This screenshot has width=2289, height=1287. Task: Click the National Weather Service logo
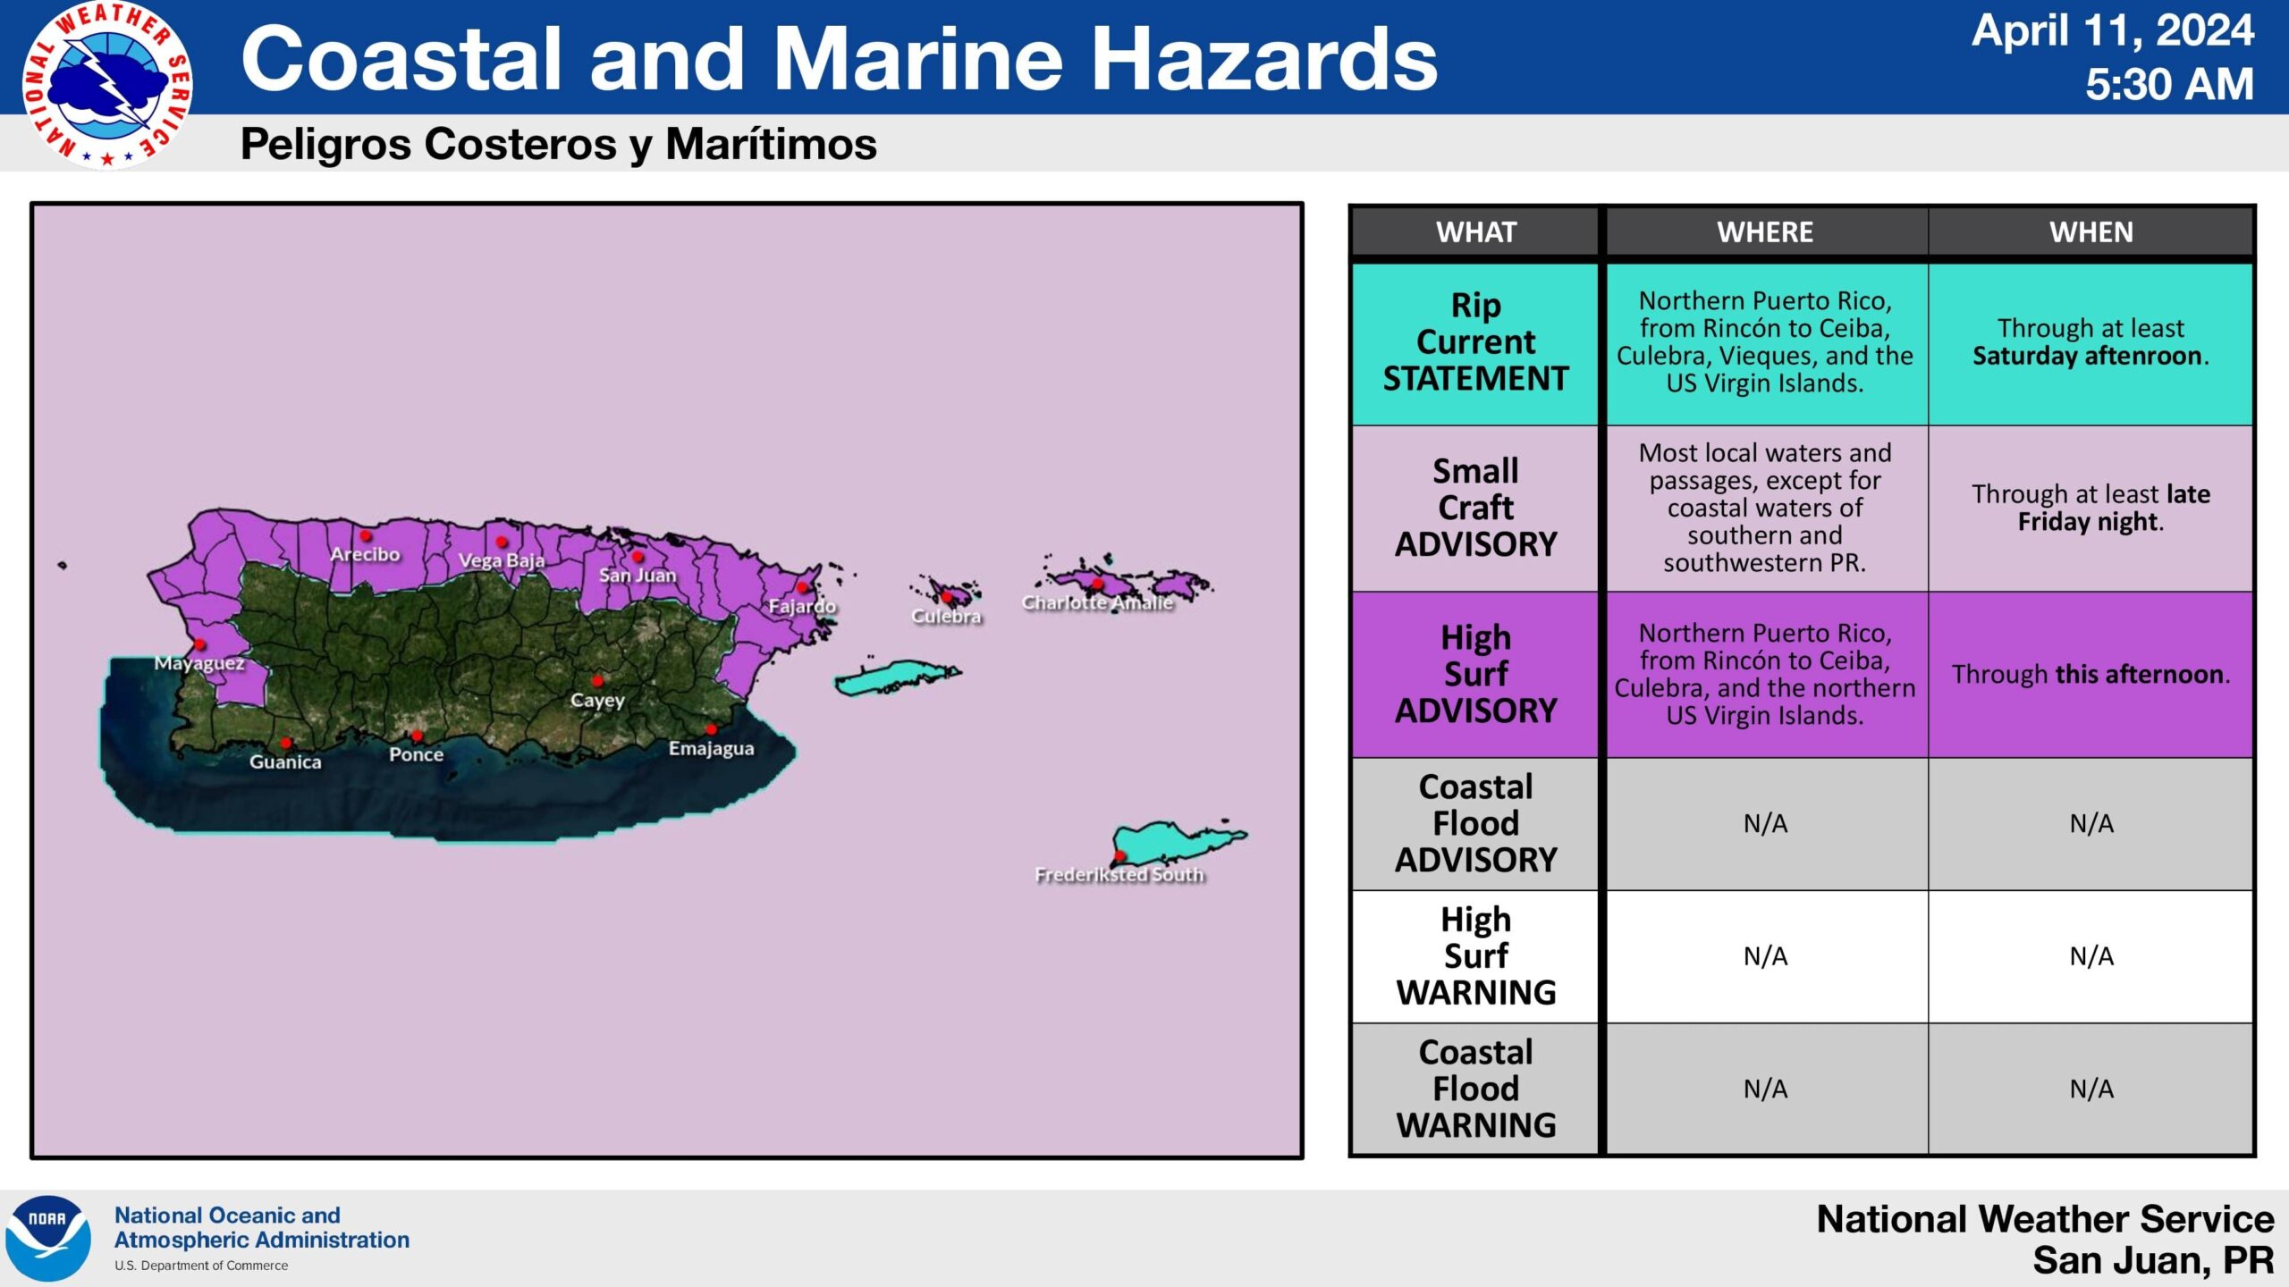point(107,86)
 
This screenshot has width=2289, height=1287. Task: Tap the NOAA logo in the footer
point(48,1238)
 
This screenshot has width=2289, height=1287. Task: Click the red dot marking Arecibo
point(366,536)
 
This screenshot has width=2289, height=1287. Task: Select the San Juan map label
point(638,576)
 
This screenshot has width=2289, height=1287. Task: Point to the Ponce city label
point(417,755)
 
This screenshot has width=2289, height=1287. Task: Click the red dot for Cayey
point(597,681)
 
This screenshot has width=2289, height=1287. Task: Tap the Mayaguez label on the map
point(199,663)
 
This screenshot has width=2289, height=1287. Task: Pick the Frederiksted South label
point(1119,875)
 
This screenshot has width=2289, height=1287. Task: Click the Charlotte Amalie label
point(1097,603)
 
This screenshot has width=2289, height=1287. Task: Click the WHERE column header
point(1765,232)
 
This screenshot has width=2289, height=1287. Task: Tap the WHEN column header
point(2091,232)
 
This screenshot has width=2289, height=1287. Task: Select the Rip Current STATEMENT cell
point(1476,343)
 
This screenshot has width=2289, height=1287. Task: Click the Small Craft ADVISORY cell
point(1476,508)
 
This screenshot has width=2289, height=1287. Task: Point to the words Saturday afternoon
point(2089,357)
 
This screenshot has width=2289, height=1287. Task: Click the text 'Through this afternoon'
point(2090,675)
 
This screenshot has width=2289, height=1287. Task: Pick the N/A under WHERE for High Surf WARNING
point(1766,957)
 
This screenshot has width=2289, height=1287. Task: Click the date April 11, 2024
point(2113,31)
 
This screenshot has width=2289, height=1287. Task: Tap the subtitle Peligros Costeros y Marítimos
point(559,145)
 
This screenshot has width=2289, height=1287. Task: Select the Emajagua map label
point(712,749)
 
